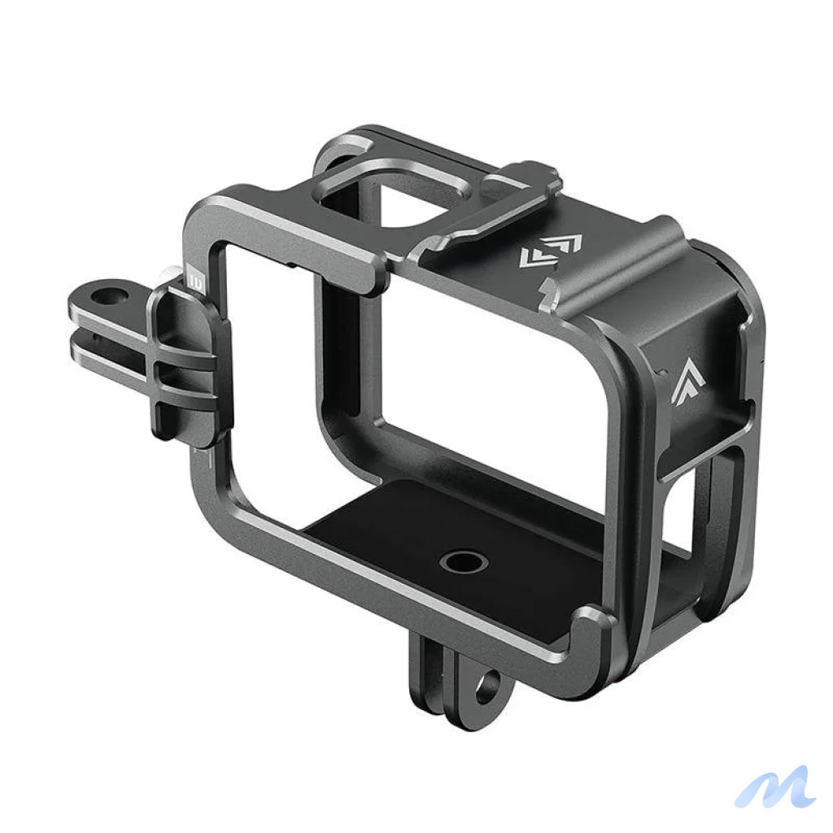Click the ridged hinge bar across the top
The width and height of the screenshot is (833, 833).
[x=618, y=260]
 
